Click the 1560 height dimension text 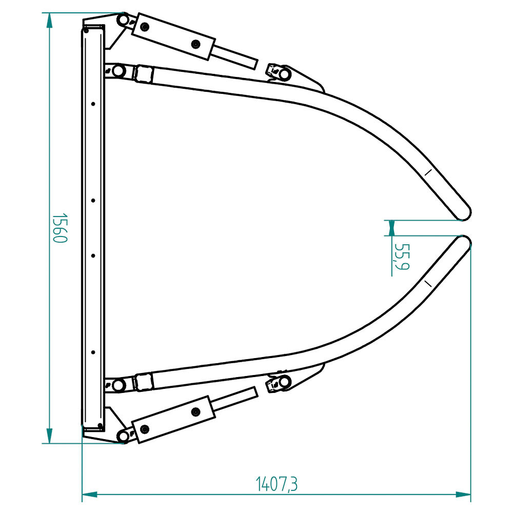[x=60, y=228]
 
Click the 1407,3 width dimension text [x=277, y=484]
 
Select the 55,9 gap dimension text [x=402, y=257]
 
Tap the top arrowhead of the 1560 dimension [x=49, y=21]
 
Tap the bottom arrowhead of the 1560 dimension [x=49, y=436]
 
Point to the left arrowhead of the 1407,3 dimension [x=90, y=495]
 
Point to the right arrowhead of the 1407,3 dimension [x=463, y=495]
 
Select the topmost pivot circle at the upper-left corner [x=123, y=19]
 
